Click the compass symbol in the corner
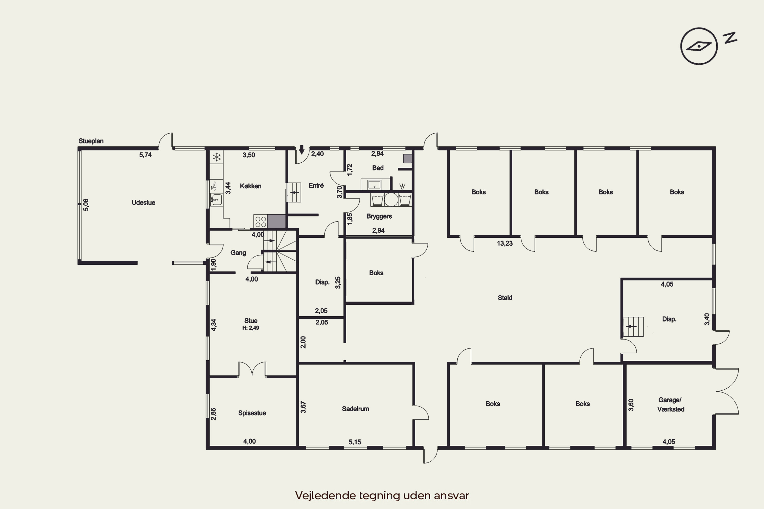click(699, 46)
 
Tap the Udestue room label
click(143, 203)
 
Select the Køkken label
click(250, 186)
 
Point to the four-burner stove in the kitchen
click(261, 221)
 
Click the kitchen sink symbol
click(216, 199)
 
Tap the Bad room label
click(378, 168)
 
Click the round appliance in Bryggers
click(391, 200)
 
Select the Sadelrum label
click(355, 409)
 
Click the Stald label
click(505, 298)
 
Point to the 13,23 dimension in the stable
click(505, 243)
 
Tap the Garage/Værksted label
click(671, 404)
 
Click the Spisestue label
click(252, 413)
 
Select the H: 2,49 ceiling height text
click(250, 328)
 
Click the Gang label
click(238, 252)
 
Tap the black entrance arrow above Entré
click(302, 150)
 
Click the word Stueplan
click(91, 141)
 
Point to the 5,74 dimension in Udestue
click(145, 155)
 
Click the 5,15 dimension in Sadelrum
click(355, 442)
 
